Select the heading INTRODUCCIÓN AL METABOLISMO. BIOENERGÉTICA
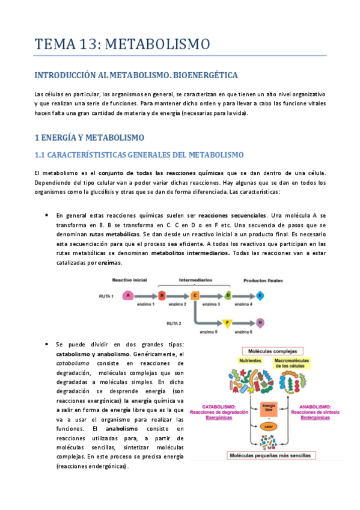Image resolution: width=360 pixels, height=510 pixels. point(136,75)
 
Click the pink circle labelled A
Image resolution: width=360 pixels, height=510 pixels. point(127,295)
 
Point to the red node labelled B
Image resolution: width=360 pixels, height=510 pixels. point(162,295)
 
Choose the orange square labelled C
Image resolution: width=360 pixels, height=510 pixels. point(195,295)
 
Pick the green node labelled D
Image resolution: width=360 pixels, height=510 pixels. point(228,295)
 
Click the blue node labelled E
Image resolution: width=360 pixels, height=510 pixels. point(260,295)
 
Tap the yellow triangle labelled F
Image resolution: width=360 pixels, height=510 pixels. point(227,324)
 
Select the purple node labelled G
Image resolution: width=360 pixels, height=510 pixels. point(260,324)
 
